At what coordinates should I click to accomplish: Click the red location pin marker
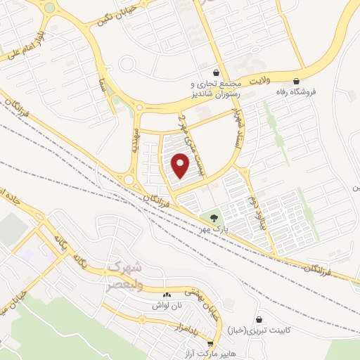tap(181, 166)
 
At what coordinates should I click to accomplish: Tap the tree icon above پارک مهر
tap(214, 218)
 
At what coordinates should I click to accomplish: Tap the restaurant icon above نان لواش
tap(167, 295)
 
